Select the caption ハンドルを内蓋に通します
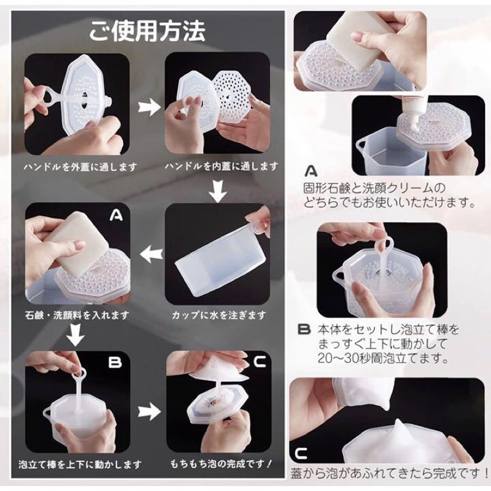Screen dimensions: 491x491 222,166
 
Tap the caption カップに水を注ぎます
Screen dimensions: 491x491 219,315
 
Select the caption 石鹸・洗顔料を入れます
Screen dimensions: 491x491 77,315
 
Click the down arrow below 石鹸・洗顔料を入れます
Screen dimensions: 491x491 75,336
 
